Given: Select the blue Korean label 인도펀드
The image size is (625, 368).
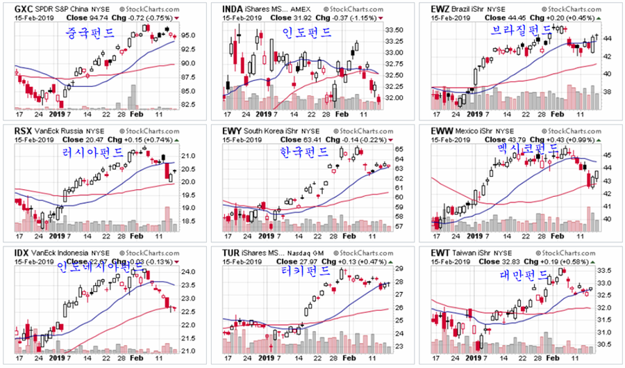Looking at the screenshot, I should (x=306, y=33).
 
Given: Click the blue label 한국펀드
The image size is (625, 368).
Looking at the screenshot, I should (x=303, y=152).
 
